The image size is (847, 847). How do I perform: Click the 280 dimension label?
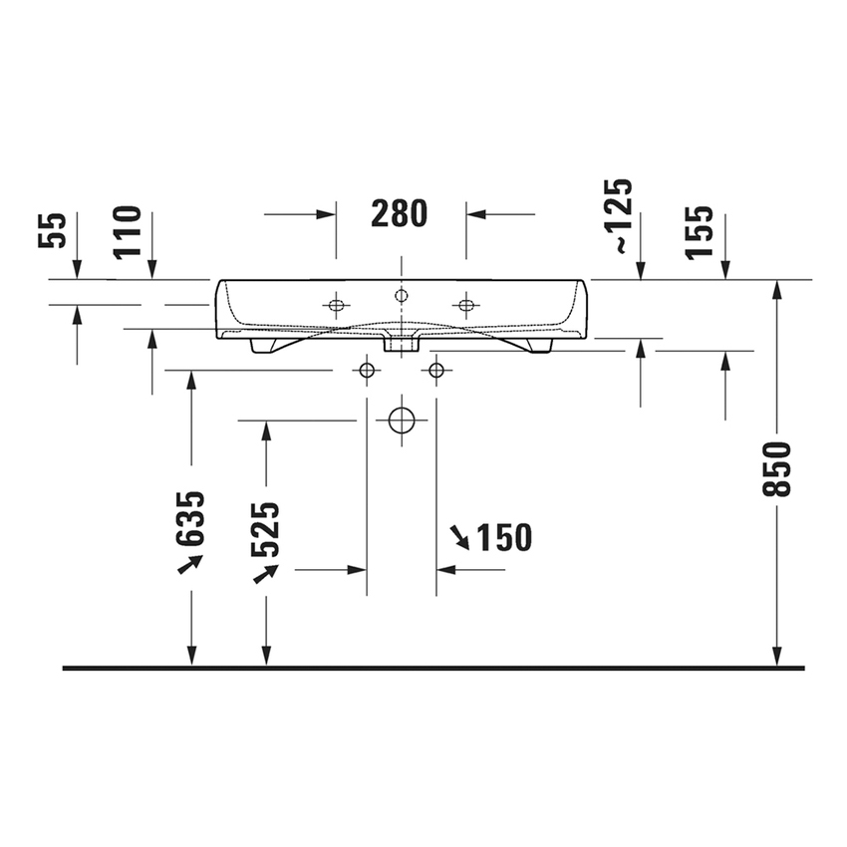[x=400, y=213]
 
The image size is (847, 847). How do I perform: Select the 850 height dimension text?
[x=778, y=468]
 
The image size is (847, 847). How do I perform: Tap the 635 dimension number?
[x=190, y=518]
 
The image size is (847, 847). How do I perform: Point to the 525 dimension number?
[x=265, y=529]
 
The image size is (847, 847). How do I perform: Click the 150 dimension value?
[x=503, y=538]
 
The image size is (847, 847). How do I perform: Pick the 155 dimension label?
[x=702, y=231]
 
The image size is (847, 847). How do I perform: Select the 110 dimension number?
[x=129, y=231]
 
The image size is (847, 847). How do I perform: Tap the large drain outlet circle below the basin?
[x=401, y=420]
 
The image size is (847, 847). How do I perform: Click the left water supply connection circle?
[x=367, y=371]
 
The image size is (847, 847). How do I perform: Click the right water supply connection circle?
[x=435, y=371]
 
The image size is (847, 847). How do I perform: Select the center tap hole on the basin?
[x=401, y=295]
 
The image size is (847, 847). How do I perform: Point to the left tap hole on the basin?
[x=336, y=304]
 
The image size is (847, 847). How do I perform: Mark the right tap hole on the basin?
[x=465, y=304]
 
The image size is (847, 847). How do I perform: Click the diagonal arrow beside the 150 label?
[x=459, y=537]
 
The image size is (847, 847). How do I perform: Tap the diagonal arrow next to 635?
[x=189, y=564]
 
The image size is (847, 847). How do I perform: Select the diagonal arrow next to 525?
[x=265, y=573]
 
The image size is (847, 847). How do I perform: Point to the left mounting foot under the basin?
[x=265, y=345]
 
